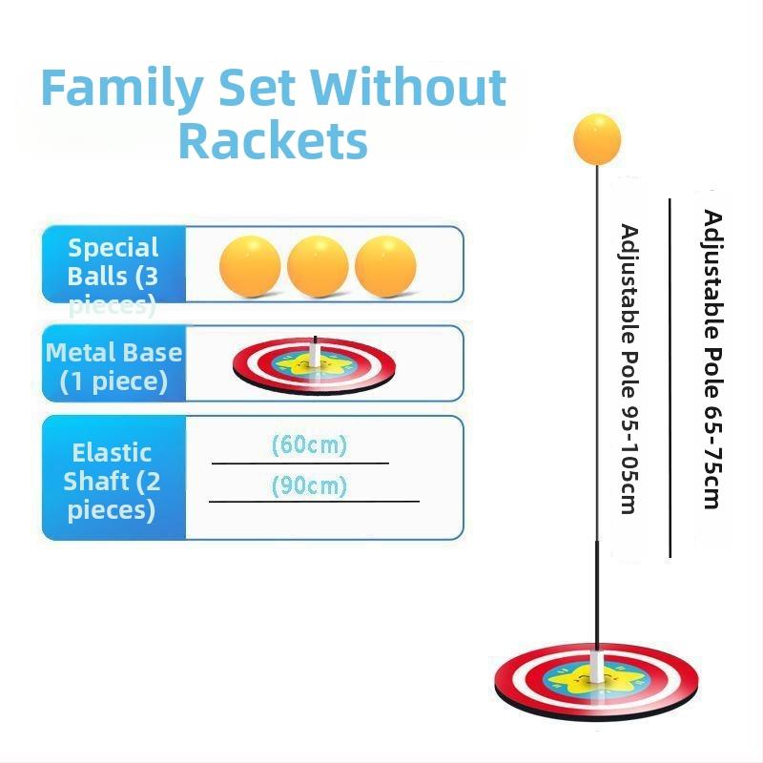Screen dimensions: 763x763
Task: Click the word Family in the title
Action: coord(121,89)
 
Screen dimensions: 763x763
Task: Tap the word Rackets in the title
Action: coord(273,140)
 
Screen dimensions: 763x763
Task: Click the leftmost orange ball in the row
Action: coord(250,265)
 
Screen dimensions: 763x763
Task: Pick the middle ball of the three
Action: coord(318,265)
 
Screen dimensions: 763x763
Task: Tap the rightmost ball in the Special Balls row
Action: coord(385,265)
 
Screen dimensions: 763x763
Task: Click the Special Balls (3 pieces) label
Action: coord(113,275)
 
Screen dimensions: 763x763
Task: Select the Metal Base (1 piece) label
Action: coord(113,366)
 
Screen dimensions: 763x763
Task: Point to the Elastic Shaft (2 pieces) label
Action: coord(113,481)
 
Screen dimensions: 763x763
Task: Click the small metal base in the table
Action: coord(315,363)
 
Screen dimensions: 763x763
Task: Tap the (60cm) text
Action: coord(309,445)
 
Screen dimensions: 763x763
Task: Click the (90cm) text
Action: coord(309,486)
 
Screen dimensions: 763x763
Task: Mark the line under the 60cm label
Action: coord(299,463)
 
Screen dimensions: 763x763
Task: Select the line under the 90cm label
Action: coord(314,501)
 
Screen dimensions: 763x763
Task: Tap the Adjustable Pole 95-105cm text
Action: coord(629,367)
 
